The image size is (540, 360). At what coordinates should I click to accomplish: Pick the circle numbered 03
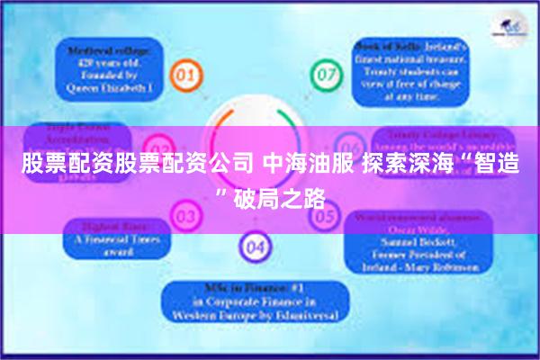tap(185, 216)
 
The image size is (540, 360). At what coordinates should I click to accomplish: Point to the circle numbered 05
tap(323, 216)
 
